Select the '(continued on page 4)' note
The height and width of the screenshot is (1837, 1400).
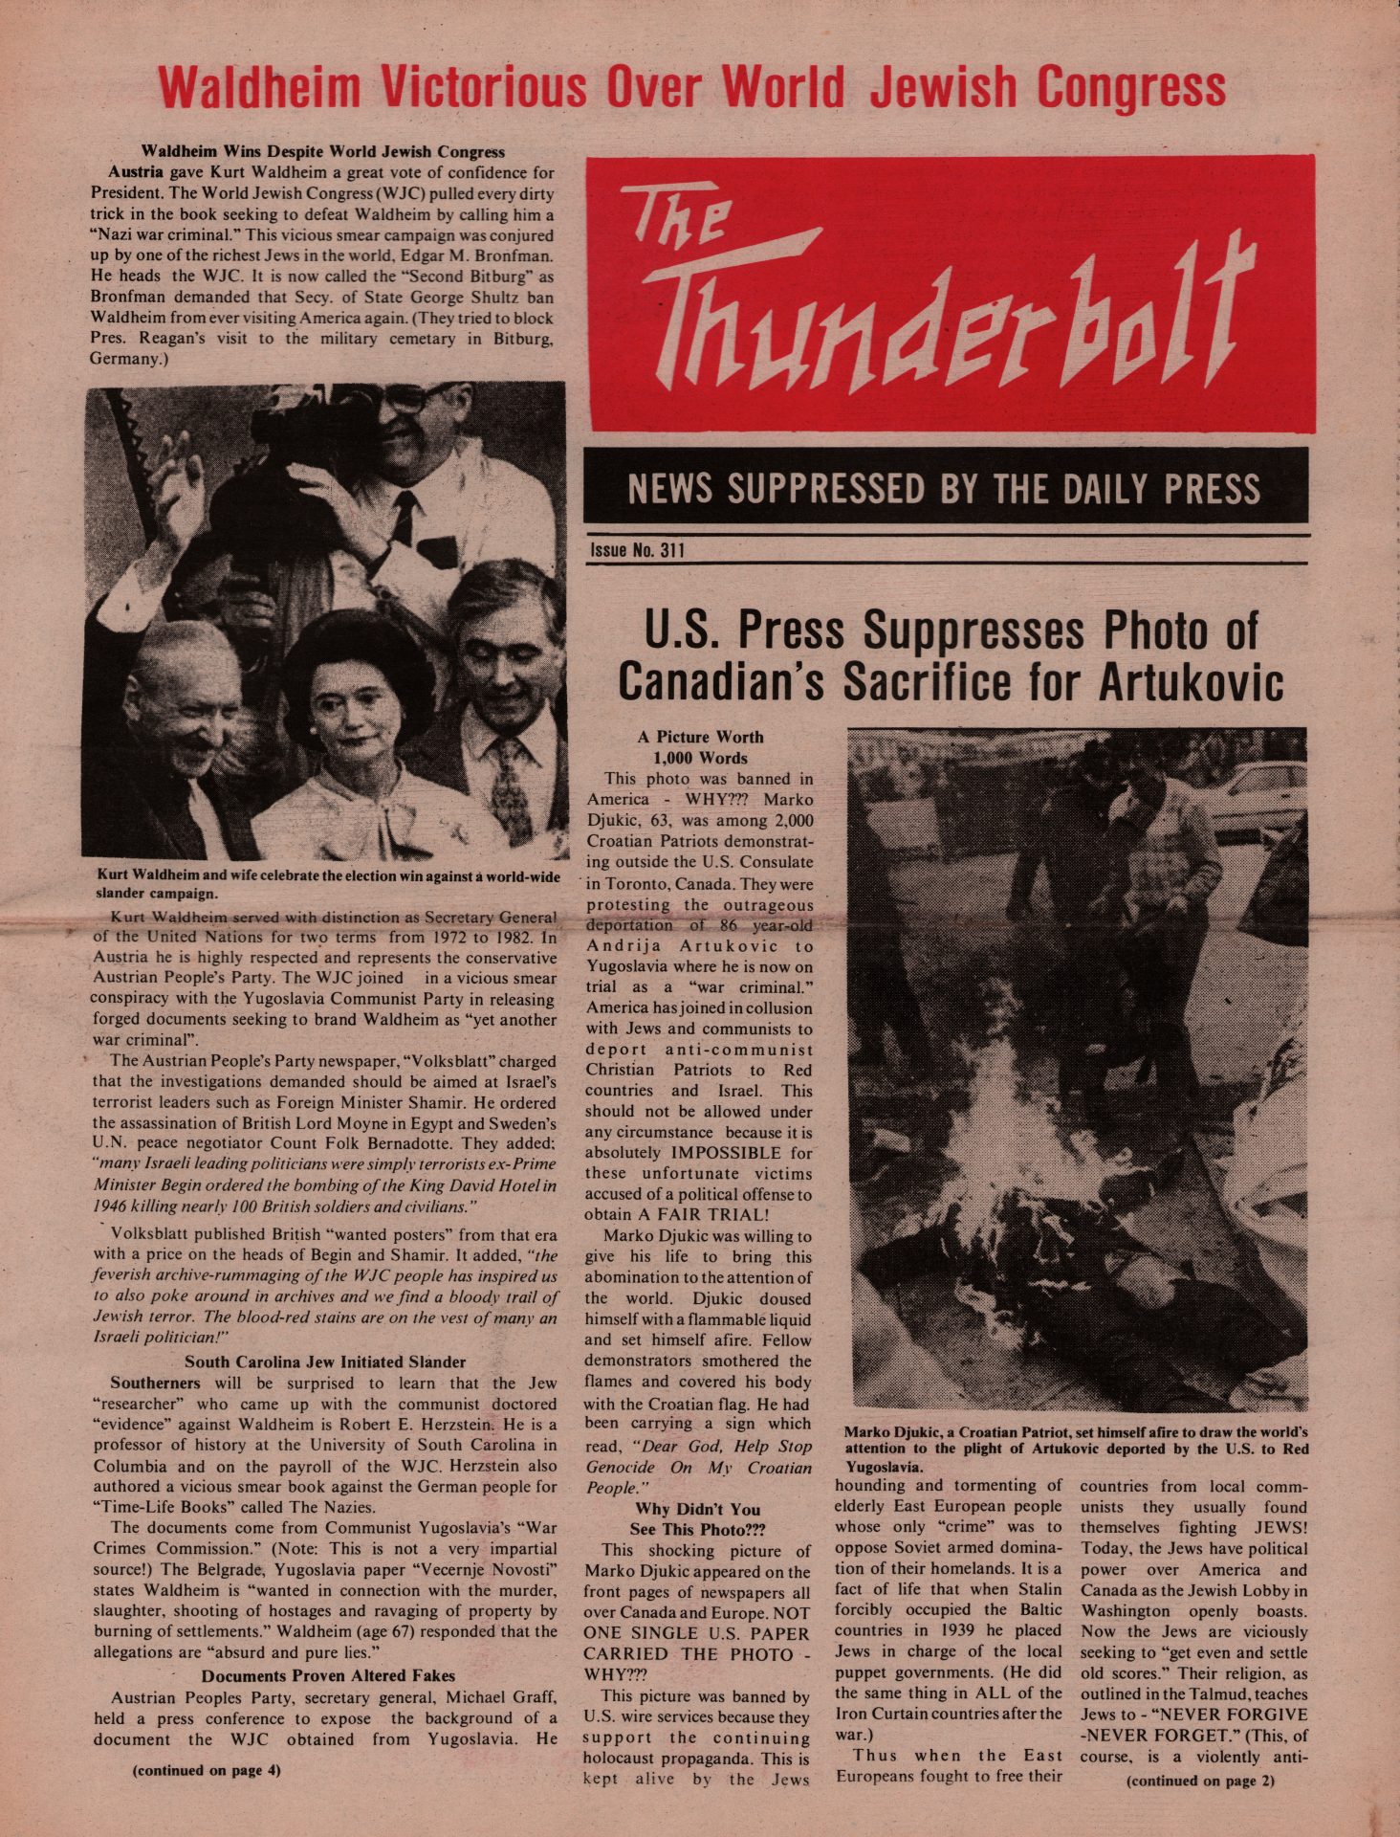coord(206,1769)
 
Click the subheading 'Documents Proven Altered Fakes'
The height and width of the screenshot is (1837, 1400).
coord(328,1675)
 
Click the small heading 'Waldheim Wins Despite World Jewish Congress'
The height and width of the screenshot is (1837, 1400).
coord(323,151)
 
